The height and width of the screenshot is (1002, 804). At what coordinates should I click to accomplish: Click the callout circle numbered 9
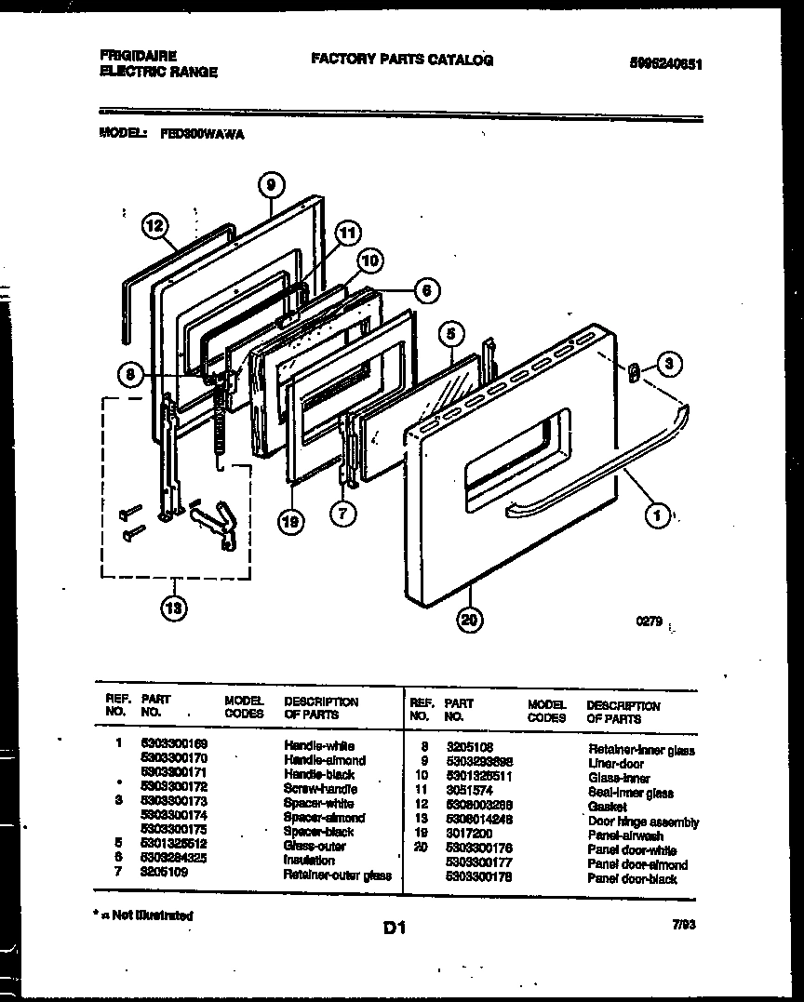[269, 185]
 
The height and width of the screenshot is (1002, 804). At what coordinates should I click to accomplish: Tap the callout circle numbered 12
[155, 225]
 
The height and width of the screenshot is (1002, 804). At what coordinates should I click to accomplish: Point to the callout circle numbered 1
[657, 514]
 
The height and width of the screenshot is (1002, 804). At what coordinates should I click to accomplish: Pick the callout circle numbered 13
[172, 608]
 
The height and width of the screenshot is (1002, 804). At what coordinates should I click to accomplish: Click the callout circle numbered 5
[450, 333]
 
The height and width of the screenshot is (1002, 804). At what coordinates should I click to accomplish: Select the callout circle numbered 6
[424, 290]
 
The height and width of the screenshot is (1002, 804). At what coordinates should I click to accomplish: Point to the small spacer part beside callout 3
[634, 372]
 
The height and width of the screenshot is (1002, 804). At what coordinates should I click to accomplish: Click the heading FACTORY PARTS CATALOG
[402, 60]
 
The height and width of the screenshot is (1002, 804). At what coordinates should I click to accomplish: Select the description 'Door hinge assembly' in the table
[643, 822]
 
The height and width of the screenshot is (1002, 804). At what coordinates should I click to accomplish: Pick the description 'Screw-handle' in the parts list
[320, 788]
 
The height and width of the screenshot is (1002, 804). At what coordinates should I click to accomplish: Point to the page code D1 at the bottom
[395, 927]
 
